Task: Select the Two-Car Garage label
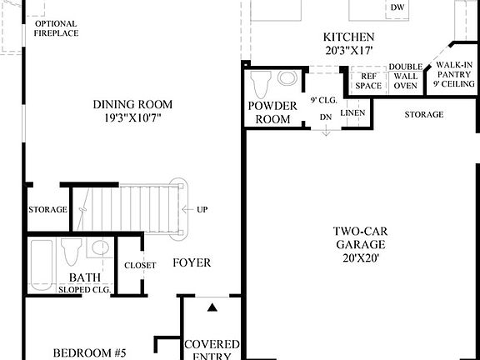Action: tap(360, 245)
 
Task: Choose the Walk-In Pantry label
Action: tap(453, 73)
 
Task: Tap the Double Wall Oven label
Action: tap(406, 76)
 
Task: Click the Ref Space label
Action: tap(367, 80)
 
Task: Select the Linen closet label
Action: tap(352, 112)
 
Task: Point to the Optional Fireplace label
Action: tap(56, 29)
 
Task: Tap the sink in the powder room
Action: tap(287, 79)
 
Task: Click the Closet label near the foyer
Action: tap(139, 265)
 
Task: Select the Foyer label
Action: tap(192, 263)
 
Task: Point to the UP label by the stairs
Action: tap(202, 209)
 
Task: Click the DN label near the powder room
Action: tap(326, 118)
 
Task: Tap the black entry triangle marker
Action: tap(212, 307)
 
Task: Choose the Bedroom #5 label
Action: tap(89, 353)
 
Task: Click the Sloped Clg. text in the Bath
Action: tap(84, 290)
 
